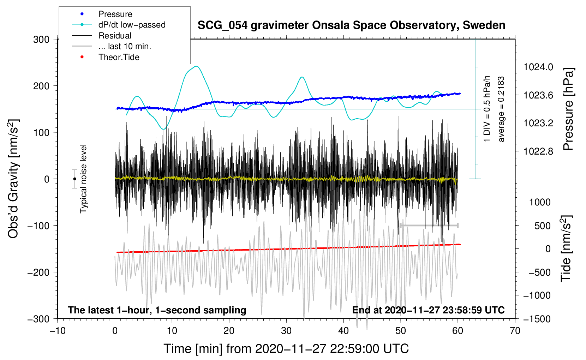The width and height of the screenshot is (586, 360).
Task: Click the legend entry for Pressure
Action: coord(115,14)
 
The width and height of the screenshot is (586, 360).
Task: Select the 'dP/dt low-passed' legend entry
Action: coord(132,25)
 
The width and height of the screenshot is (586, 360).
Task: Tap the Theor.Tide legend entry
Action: coord(119,57)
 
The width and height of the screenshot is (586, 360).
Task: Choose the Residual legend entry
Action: coord(115,36)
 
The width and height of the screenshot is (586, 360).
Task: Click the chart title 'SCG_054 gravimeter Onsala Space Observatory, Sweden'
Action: coord(351,25)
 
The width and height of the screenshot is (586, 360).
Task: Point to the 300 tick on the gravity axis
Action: coord(41,40)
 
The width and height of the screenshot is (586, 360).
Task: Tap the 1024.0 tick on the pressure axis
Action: coord(538,67)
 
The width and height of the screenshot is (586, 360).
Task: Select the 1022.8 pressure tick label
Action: coord(538,151)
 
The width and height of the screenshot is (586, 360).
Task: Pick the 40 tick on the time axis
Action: coord(343,331)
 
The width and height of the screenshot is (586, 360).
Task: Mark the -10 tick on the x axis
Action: coord(58,331)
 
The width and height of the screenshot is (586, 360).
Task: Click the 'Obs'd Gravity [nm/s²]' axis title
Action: coord(13,179)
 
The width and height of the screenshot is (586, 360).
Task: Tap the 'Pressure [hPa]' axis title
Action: coord(568,109)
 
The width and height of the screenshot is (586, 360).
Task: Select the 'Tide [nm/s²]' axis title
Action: coord(566,248)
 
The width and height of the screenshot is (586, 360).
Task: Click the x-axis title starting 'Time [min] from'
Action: coord(286,349)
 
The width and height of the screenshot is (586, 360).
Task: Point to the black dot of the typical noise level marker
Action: coord(74,179)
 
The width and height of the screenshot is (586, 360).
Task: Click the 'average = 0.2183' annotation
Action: coord(501,109)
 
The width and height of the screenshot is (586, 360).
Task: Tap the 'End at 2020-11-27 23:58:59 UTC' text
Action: coord(428,310)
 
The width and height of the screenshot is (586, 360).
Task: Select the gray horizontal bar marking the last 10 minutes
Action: coord(429,225)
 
